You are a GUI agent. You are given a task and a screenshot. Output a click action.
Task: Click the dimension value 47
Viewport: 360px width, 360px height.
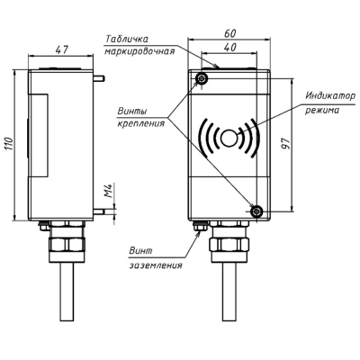pyautogui.click(x=62, y=49)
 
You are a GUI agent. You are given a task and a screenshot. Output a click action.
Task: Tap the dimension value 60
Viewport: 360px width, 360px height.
pyautogui.click(x=230, y=33)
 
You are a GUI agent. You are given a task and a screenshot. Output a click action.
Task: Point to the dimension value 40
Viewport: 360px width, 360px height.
pyautogui.click(x=230, y=47)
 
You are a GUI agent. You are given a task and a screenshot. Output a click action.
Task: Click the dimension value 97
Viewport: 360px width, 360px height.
pyautogui.click(x=287, y=144)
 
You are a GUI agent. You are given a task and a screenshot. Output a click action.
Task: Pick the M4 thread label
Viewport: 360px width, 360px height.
pyautogui.click(x=109, y=190)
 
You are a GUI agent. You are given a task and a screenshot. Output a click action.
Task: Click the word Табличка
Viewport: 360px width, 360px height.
pyautogui.click(x=127, y=39)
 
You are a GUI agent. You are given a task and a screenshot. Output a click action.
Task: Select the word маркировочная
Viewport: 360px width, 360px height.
pyautogui.click(x=139, y=51)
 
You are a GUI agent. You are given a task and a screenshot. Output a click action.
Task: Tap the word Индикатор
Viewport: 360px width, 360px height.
pyautogui.click(x=330, y=96)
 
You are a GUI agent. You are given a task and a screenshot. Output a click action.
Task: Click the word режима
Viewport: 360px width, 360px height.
pyautogui.click(x=322, y=111)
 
